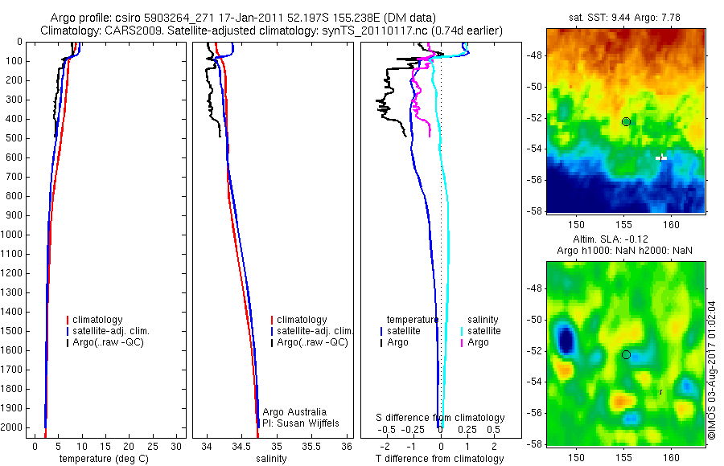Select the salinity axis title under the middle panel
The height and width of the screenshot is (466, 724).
[x=271, y=459]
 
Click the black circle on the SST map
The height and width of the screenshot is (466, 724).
[x=626, y=121]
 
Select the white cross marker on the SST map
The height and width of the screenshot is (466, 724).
[x=661, y=157]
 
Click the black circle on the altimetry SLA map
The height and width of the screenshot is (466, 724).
[x=626, y=354]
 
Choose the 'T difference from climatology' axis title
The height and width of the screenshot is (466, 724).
[x=439, y=459]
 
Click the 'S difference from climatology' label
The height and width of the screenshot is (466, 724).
[x=441, y=418]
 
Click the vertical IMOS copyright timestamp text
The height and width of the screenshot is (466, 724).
[x=712, y=370]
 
